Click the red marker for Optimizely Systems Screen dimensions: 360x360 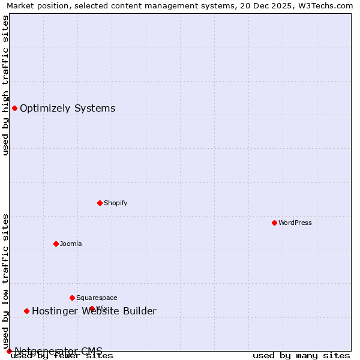coord(14,108)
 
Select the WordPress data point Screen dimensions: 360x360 coord(274,223)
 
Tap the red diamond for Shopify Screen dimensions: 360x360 coord(100,203)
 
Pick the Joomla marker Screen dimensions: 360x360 coord(56,244)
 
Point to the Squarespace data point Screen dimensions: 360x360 coord(72,298)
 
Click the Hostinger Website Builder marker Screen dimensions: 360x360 coord(26,311)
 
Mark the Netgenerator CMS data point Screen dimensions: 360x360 coord(9,351)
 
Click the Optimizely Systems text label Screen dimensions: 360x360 coord(67,108)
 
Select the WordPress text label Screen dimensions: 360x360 coord(295,223)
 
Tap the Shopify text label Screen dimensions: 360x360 coord(115,203)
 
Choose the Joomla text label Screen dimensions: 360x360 coord(71,244)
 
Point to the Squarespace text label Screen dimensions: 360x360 coord(97,298)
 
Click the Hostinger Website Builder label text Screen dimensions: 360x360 coord(94,311)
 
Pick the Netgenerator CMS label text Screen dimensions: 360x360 coord(58,351)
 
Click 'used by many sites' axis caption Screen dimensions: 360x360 coord(301,356)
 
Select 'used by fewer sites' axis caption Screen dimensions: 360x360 coord(62,356)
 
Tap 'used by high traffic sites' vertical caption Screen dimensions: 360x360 coord(6,85)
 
